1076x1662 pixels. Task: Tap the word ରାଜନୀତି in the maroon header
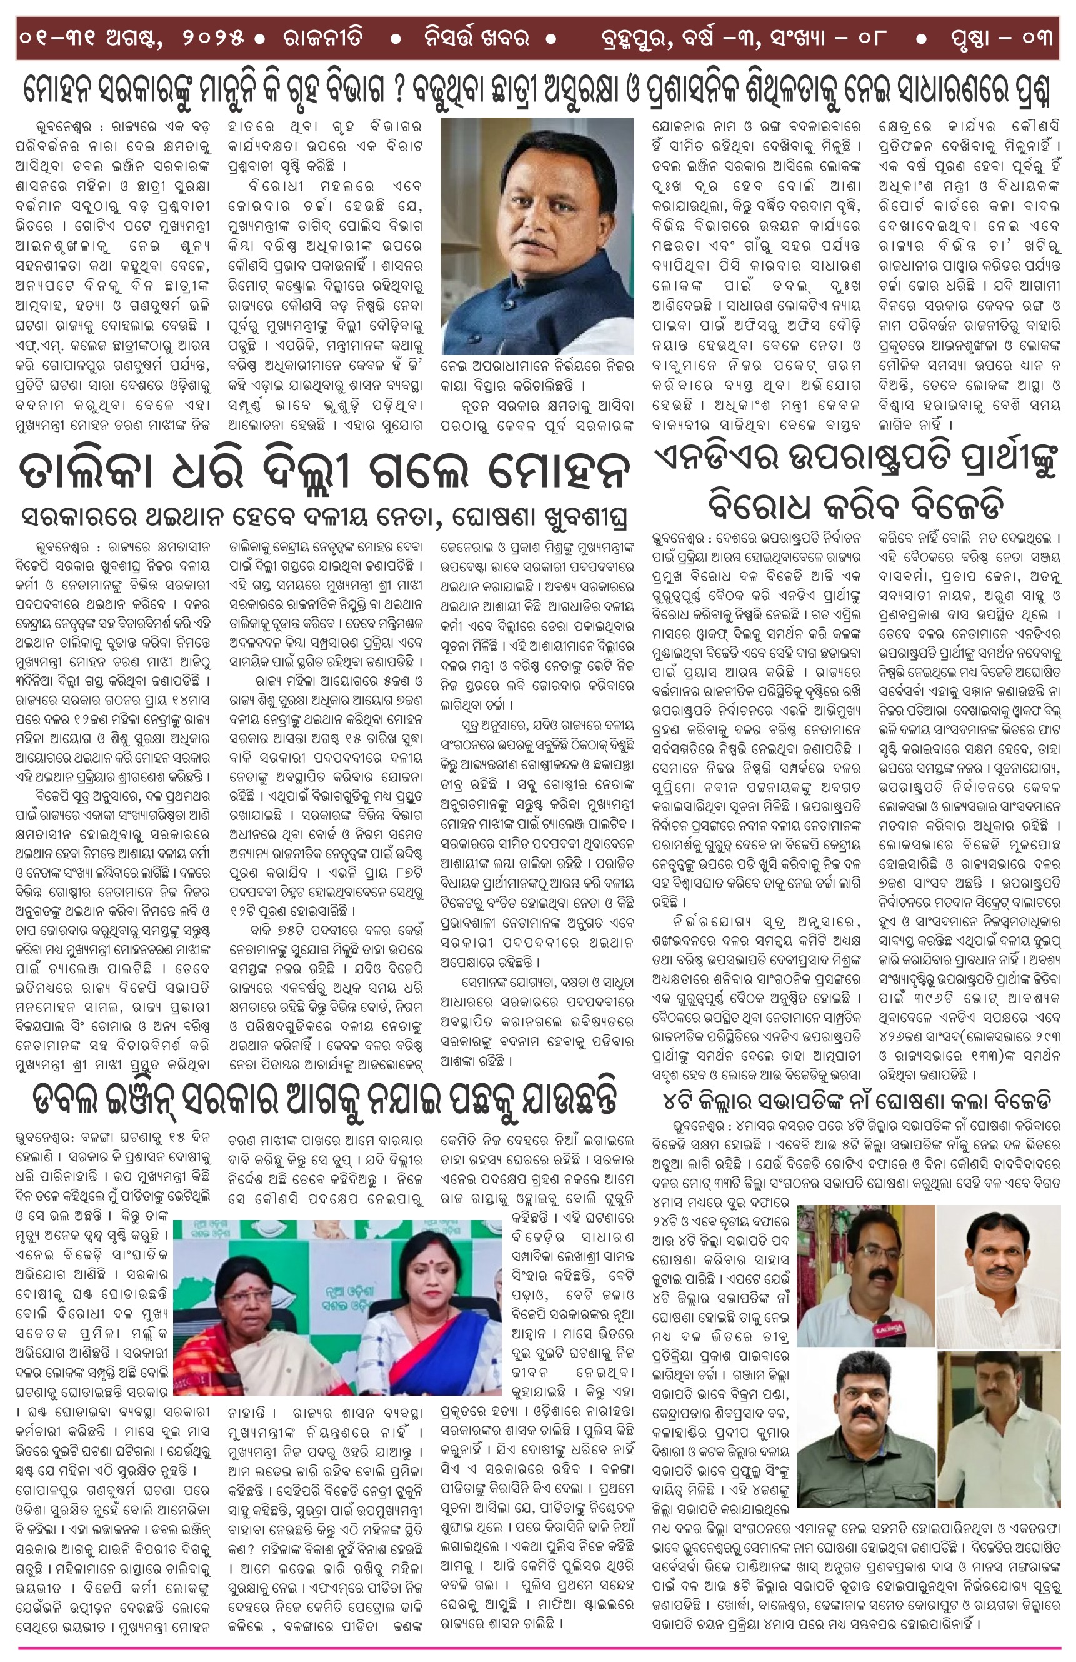coord(322,38)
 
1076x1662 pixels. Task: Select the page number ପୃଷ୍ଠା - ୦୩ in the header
coord(1000,38)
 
